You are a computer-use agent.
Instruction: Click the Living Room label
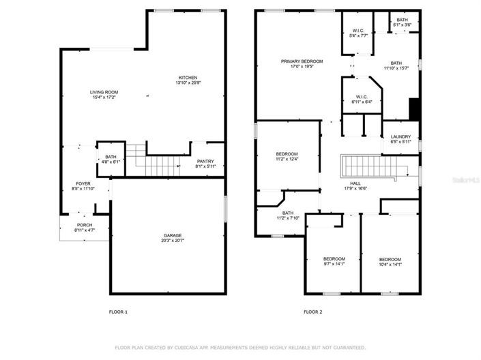click(104, 92)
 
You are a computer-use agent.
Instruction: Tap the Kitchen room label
click(188, 77)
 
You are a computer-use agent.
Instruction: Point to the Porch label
click(85, 225)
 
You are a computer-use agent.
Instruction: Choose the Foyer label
click(83, 183)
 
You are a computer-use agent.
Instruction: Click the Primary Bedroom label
click(302, 61)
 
